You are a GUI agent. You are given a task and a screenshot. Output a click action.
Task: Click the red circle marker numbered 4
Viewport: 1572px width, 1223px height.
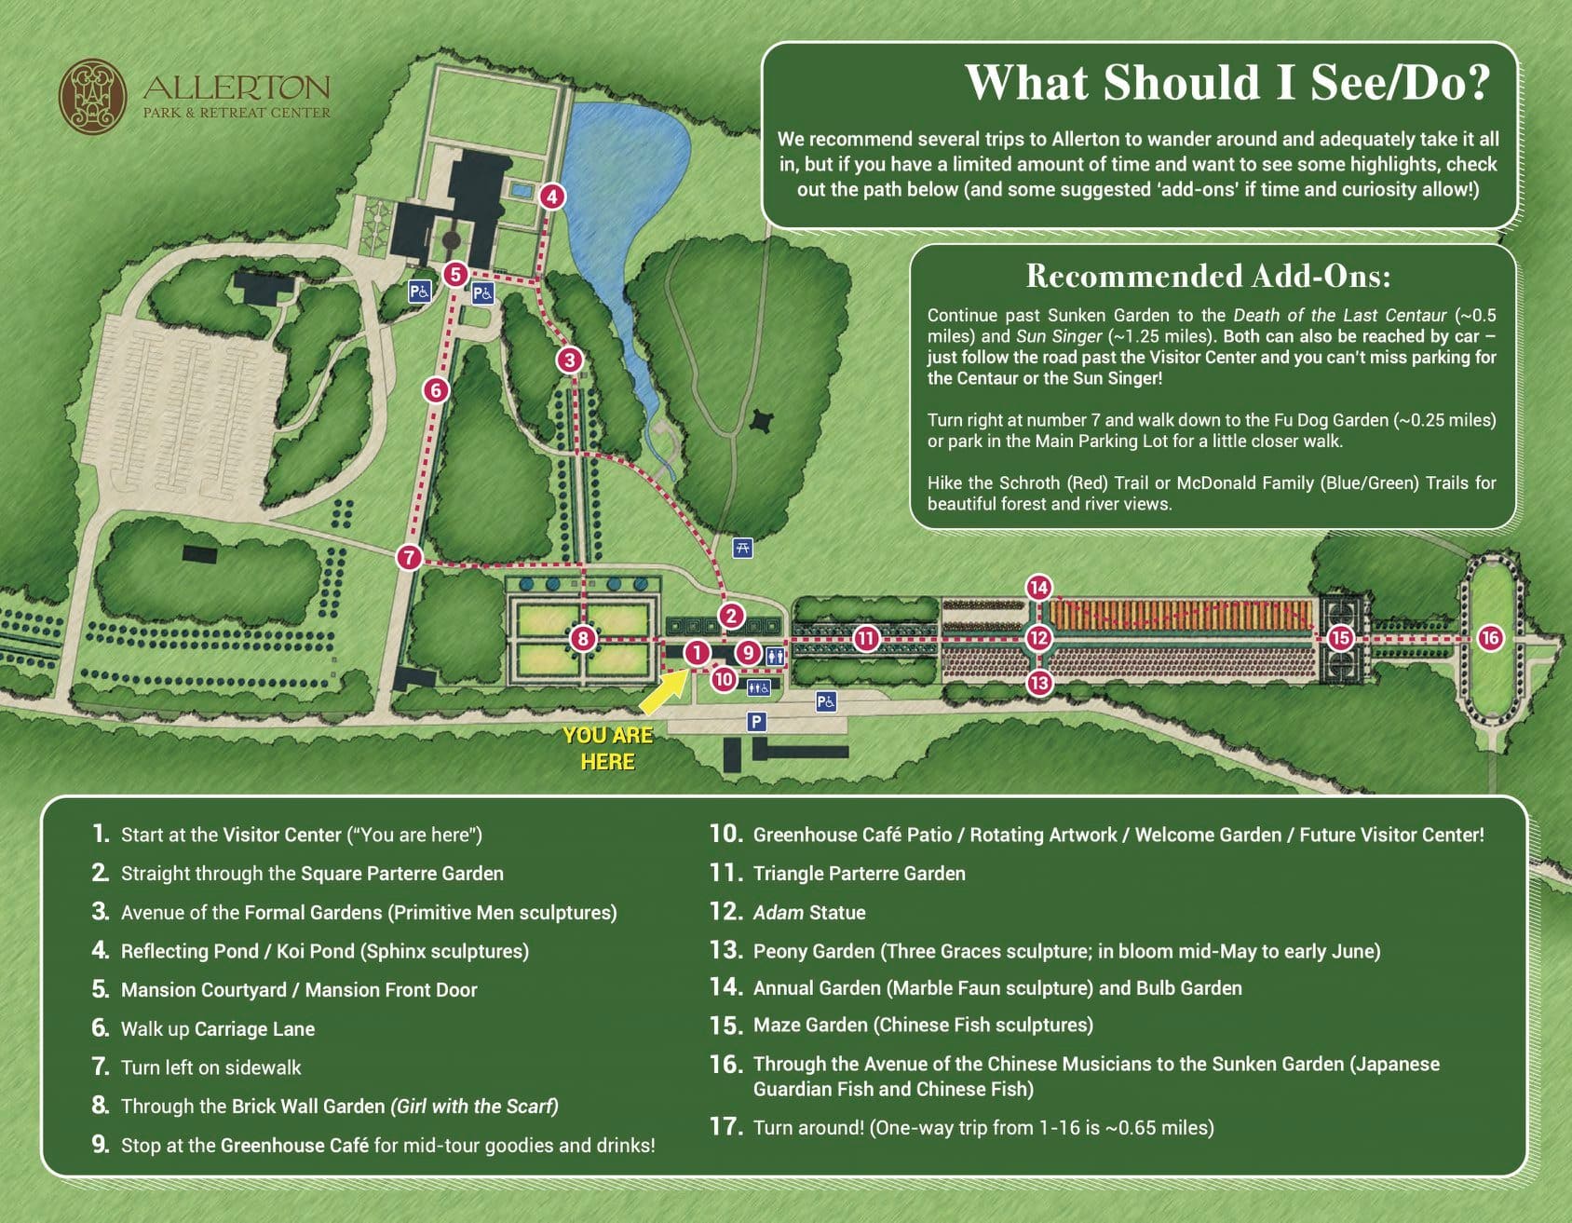(x=552, y=197)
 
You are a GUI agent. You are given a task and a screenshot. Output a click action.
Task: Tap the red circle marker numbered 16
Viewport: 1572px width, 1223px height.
(x=1490, y=637)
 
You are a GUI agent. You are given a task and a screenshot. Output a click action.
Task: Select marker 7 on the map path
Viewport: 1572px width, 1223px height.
(x=409, y=557)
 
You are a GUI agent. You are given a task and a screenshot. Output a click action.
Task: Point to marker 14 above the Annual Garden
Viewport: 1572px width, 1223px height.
(x=1038, y=588)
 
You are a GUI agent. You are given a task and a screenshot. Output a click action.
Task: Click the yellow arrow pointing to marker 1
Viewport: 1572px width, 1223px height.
(x=665, y=694)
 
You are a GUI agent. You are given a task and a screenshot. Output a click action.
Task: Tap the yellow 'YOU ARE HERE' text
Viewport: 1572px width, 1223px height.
(x=608, y=748)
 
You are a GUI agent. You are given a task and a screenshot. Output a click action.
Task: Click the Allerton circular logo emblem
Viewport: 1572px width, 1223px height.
(x=92, y=97)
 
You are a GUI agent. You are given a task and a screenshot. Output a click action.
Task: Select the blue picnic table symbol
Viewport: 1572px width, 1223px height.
(x=742, y=548)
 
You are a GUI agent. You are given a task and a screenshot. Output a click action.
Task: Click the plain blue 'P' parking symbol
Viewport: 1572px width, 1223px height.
(x=756, y=721)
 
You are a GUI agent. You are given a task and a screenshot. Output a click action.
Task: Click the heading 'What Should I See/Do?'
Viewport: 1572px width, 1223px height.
(x=1226, y=83)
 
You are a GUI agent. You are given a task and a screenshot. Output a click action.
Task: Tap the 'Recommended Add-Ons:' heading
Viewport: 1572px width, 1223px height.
(x=1208, y=277)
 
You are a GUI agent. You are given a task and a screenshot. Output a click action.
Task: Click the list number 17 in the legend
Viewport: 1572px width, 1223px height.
(x=725, y=1127)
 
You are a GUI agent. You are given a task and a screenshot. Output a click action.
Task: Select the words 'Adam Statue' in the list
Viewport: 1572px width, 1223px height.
(x=809, y=913)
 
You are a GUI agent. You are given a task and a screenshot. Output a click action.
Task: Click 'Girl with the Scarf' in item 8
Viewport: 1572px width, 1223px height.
(x=475, y=1107)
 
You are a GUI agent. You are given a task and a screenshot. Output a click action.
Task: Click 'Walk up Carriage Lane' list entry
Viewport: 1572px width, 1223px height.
(x=218, y=1029)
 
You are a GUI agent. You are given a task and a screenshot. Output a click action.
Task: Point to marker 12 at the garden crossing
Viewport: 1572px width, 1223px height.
(x=1038, y=638)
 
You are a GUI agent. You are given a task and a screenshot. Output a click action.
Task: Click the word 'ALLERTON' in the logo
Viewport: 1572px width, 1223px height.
(x=237, y=88)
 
